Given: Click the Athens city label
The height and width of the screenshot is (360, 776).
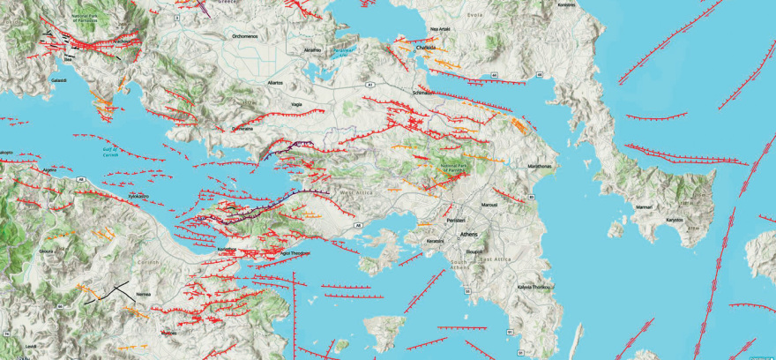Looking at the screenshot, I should (x=472, y=234).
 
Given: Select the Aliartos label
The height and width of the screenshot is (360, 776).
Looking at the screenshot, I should (x=275, y=82).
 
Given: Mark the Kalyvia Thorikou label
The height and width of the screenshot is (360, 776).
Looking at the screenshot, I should (x=533, y=287).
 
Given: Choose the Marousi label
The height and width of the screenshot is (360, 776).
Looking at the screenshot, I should (x=489, y=205).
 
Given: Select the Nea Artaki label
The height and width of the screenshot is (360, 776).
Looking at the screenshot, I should (x=440, y=29).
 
